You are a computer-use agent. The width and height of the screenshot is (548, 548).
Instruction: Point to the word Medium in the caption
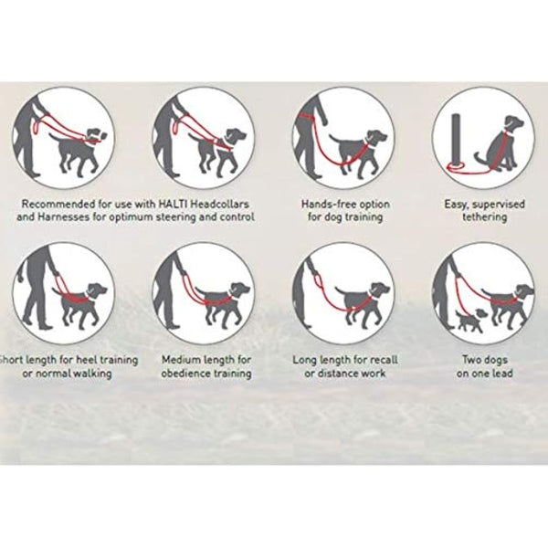[184, 360]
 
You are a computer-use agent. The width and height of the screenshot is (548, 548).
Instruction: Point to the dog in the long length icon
[361, 302]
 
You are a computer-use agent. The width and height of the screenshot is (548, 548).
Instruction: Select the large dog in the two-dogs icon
[508, 302]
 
